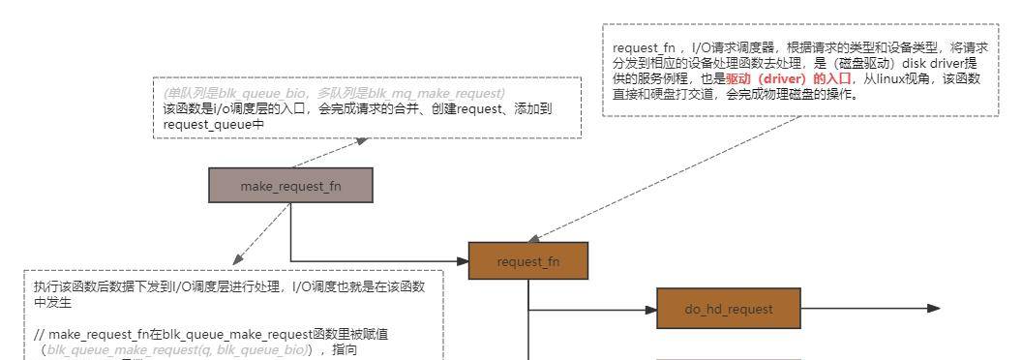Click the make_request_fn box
(290, 186)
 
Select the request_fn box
(527, 260)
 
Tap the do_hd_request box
(729, 308)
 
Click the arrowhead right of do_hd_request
(933, 308)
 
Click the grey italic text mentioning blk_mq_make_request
(335, 93)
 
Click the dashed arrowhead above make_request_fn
(362, 140)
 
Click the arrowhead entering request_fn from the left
(463, 260)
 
